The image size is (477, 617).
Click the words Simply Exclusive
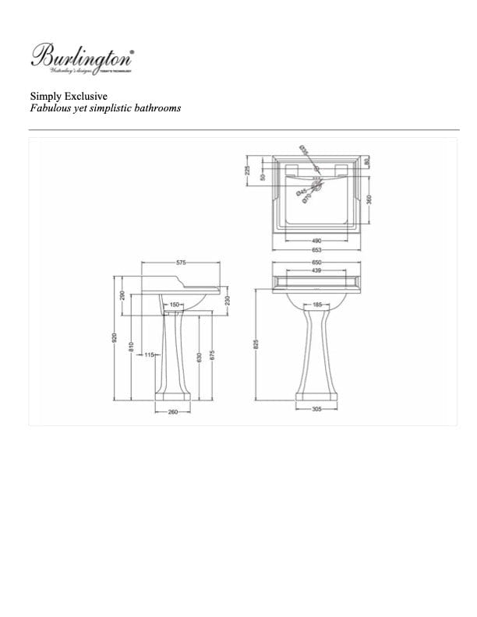click(62, 97)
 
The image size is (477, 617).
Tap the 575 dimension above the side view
click(181, 263)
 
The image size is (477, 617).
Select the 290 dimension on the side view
click(122, 296)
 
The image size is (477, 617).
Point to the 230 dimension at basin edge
click(227, 300)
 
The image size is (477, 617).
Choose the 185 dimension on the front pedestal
click(316, 305)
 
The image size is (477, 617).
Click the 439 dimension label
click(316, 270)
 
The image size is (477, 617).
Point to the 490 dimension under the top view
click(316, 241)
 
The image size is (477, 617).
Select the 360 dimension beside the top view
click(369, 198)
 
